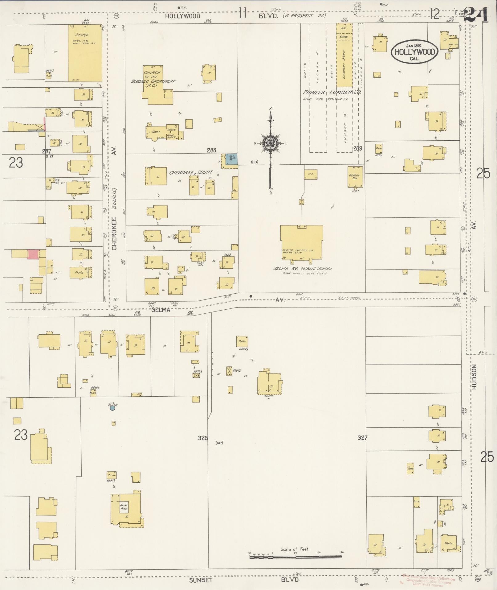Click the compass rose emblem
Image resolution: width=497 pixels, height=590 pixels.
271,143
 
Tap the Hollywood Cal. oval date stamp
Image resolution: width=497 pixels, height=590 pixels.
414,52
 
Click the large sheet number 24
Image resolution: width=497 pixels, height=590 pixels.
476,14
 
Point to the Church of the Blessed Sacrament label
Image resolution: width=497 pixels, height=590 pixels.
153,79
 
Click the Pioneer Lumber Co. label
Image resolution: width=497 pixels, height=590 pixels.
332,92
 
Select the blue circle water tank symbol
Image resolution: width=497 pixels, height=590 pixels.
112,408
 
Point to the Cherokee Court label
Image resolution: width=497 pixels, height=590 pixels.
191,173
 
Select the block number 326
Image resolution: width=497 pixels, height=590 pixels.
203,438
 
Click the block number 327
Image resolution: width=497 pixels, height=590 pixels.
362,437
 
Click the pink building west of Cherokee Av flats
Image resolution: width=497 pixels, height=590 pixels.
33,254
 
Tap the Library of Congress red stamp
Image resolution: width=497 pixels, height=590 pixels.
428,580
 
